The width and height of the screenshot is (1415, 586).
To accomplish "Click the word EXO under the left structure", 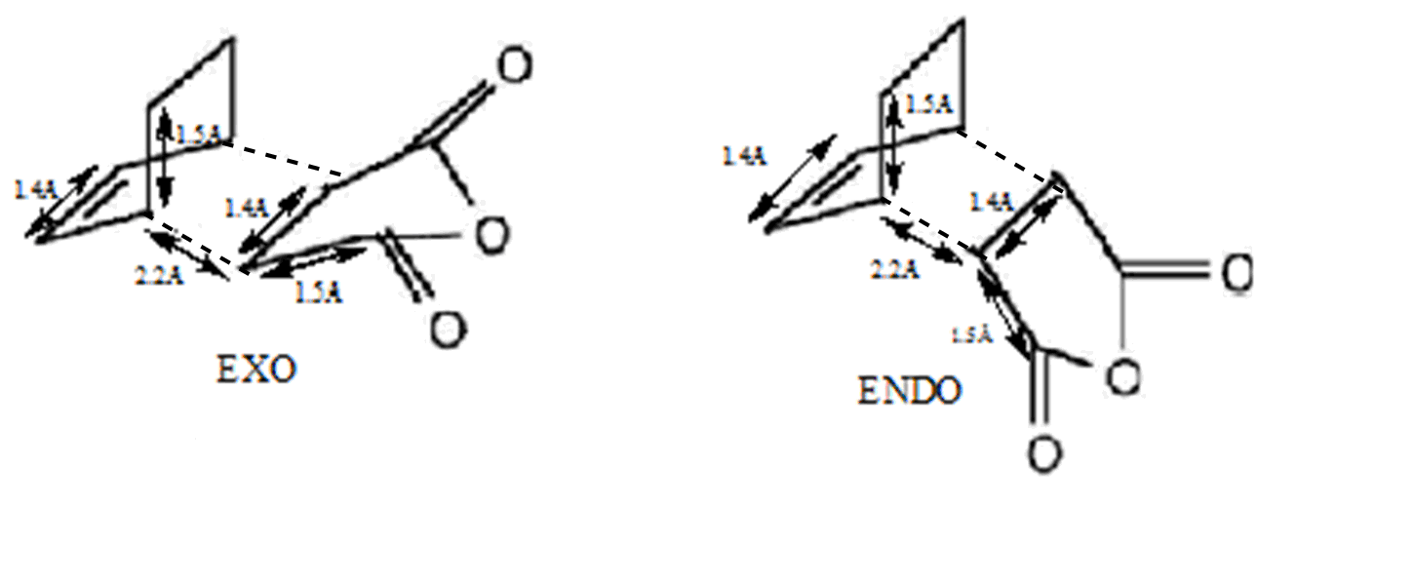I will point(256,371).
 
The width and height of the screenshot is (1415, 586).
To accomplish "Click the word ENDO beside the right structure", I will point(909,391).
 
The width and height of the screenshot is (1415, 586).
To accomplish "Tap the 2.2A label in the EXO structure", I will point(159,275).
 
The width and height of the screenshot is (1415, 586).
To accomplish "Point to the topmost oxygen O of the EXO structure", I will point(515,66).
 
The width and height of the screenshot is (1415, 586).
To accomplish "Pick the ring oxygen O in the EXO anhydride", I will point(493,237).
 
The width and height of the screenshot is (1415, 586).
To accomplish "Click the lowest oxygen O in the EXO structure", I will point(448,331).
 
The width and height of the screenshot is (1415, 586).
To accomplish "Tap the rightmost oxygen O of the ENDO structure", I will point(1236,274).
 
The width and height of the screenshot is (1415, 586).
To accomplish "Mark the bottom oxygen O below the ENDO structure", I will point(1043,454).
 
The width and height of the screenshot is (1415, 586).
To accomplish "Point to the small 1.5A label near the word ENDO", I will point(971,335).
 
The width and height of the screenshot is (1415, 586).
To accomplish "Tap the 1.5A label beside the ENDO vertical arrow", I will point(928,104).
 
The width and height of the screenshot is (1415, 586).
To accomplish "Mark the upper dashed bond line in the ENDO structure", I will point(1010,154).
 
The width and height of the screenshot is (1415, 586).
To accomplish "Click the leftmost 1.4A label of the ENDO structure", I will point(744,155).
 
